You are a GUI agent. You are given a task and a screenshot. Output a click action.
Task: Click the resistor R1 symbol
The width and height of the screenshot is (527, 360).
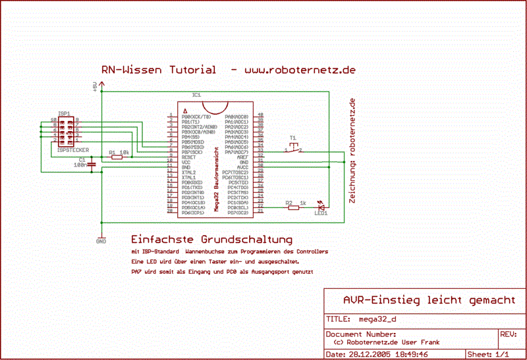(116, 158)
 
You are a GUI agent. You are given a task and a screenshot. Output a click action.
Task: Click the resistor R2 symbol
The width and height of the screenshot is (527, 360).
(294, 208)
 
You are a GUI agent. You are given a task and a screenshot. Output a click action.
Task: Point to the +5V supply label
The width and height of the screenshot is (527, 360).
(94, 88)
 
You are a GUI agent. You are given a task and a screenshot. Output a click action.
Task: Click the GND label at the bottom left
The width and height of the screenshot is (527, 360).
(101, 242)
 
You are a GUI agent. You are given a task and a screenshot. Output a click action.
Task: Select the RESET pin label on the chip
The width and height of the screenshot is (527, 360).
(189, 157)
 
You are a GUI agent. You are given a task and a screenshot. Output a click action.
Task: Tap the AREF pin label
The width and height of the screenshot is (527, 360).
(242, 157)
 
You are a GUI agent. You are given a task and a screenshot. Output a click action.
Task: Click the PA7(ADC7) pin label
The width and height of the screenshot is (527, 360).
(236, 152)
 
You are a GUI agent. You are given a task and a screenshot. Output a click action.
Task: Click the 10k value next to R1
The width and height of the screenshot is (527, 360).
(124, 152)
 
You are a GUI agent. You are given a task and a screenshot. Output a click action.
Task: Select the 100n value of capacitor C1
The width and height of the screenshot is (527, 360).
(80, 165)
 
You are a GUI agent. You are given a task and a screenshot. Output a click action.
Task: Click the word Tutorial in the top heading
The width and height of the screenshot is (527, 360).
(192, 70)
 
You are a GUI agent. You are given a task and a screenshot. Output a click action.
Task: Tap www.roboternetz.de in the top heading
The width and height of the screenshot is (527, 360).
(300, 70)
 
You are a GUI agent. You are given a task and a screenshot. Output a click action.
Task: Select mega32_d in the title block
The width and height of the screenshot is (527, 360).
(378, 321)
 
